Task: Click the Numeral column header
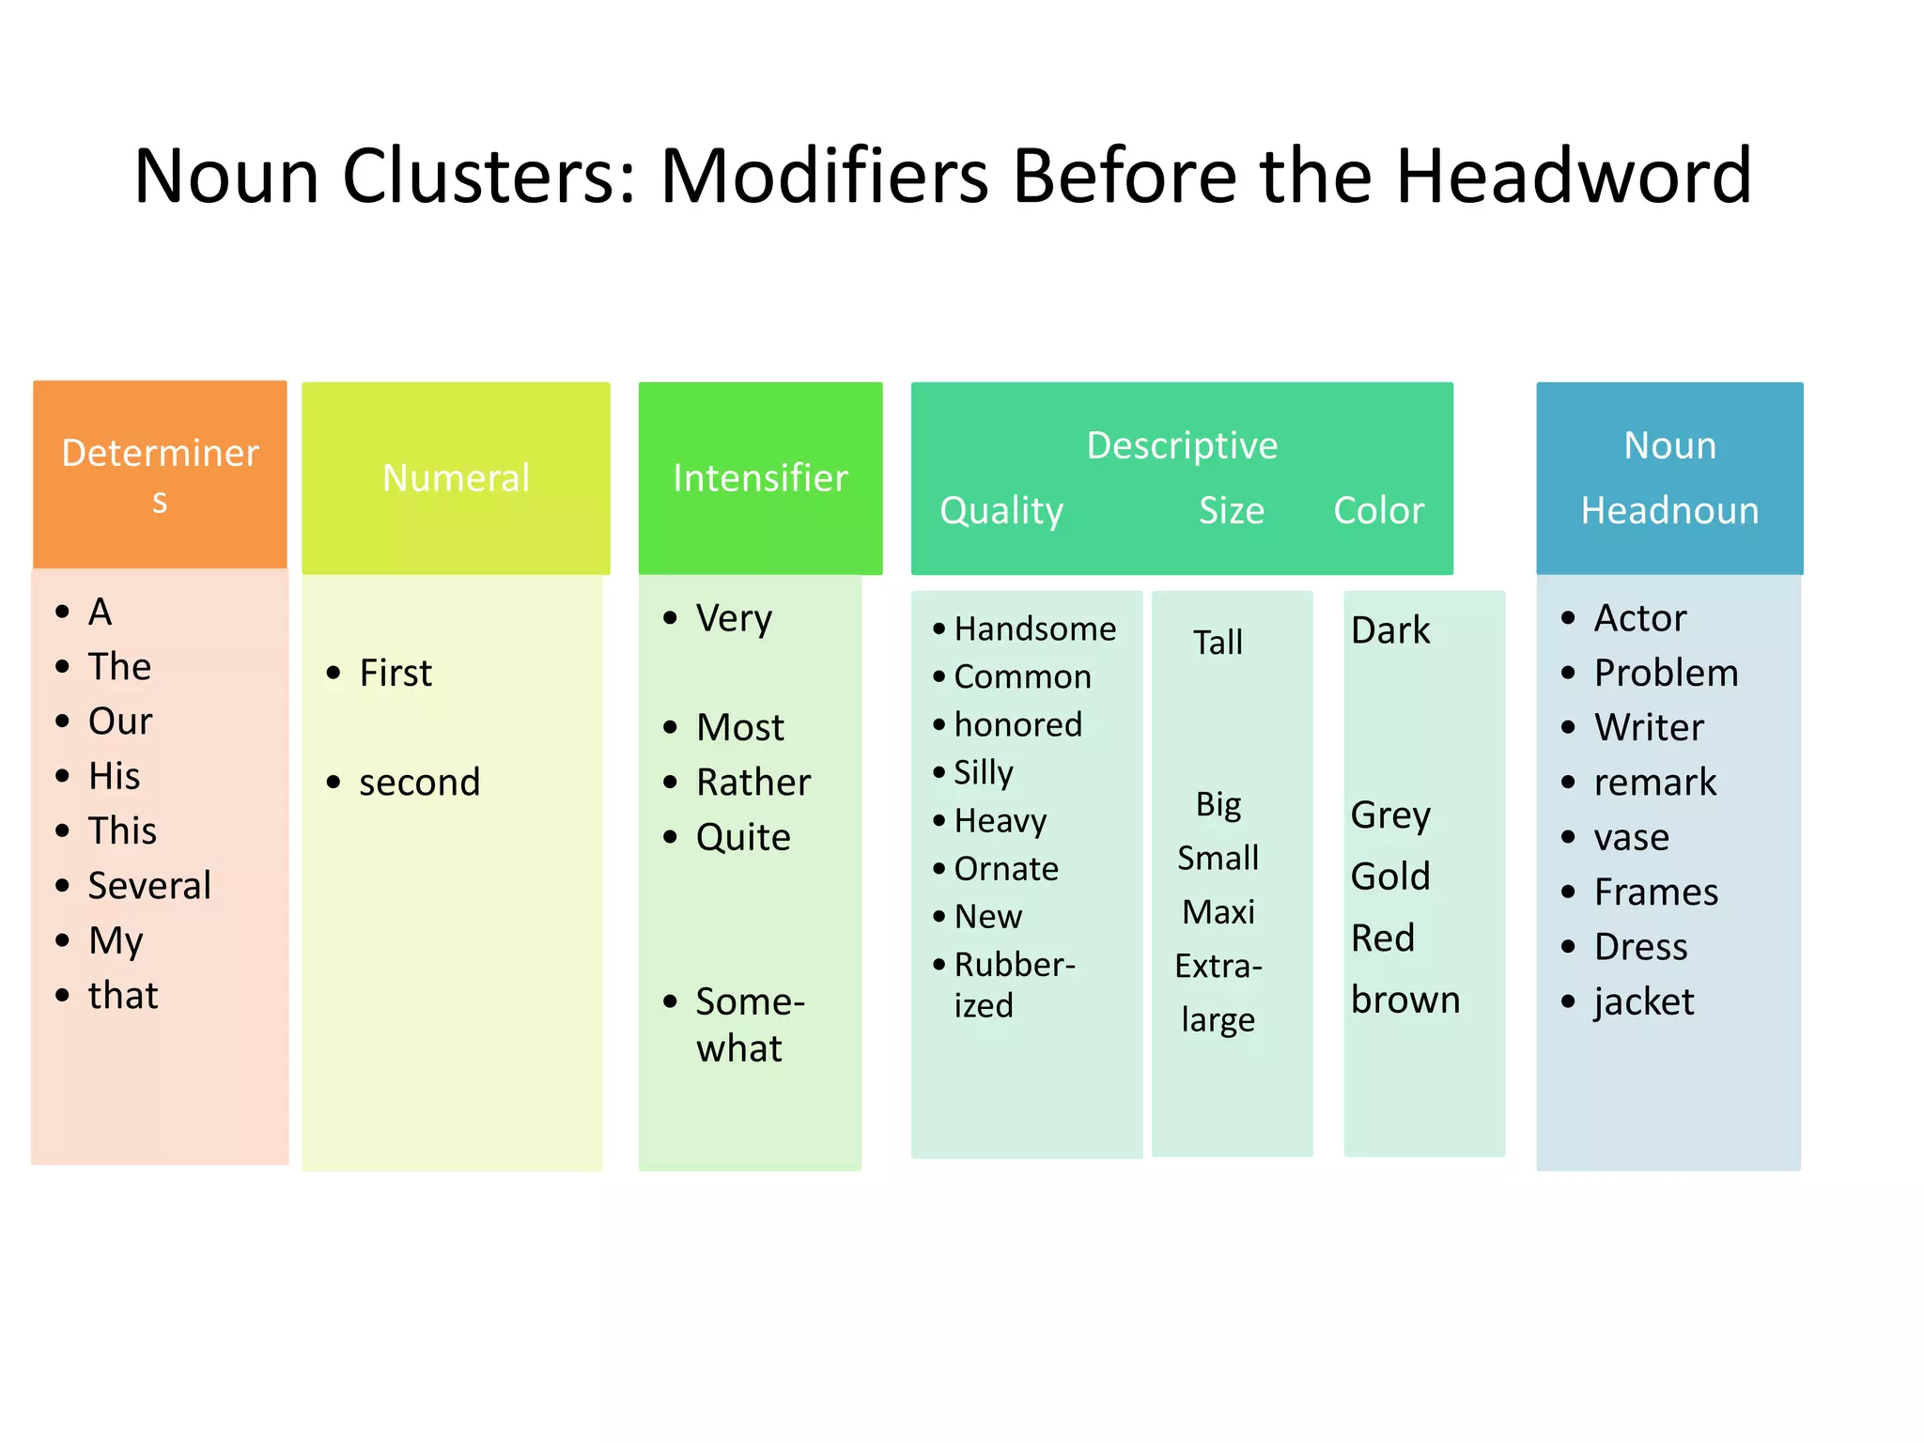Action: [x=456, y=478]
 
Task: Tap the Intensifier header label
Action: [x=760, y=478]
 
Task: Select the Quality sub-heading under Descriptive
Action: [x=1001, y=511]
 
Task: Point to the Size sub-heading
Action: [x=1231, y=511]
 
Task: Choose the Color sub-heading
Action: [x=1378, y=511]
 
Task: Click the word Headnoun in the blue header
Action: [x=1669, y=511]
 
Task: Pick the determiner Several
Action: [x=149, y=886]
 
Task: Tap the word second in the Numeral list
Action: [x=419, y=783]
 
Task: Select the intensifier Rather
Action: [x=753, y=783]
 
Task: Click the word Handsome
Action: [x=1035, y=629]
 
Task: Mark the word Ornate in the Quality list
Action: [x=1006, y=869]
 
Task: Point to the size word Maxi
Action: [x=1218, y=912]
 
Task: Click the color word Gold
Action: [x=1390, y=877]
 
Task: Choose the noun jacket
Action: [x=1644, y=1002]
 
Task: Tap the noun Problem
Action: [x=1666, y=674]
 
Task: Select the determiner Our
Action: [x=120, y=722]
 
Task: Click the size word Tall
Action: [x=1218, y=644]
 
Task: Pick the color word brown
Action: [x=1405, y=1001]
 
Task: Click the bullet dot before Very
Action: [x=670, y=618]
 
